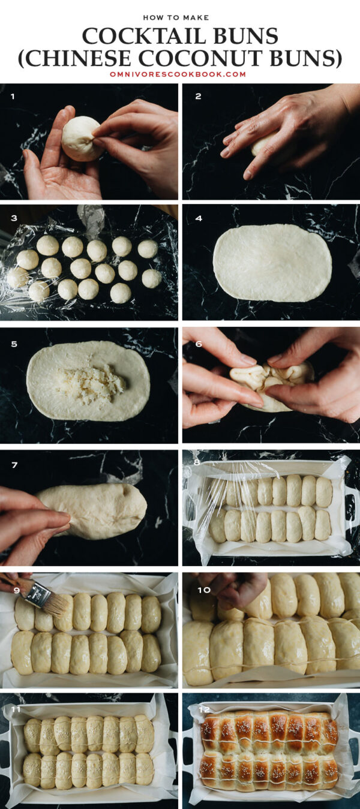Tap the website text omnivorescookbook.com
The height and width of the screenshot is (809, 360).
[x=178, y=74]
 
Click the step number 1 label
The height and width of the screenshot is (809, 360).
[x=12, y=96]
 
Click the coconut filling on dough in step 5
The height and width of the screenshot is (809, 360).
[x=93, y=382]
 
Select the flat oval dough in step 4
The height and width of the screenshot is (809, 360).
[x=272, y=262]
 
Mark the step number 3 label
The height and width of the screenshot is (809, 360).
[x=13, y=218]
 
